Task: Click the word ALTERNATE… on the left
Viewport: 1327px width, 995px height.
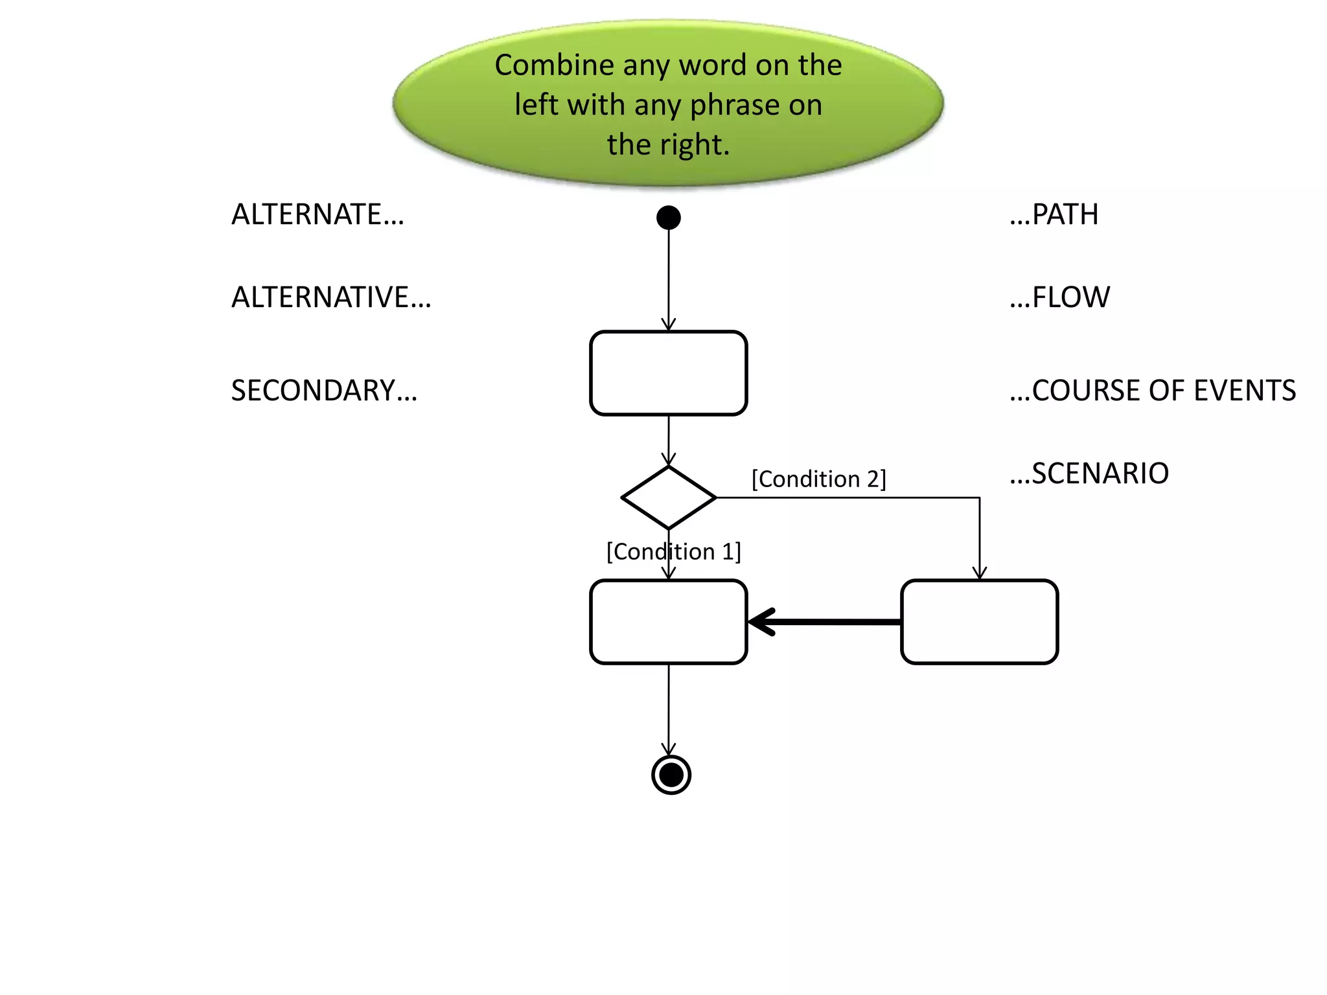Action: tap(317, 214)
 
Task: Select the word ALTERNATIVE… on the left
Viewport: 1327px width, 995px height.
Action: tap(331, 297)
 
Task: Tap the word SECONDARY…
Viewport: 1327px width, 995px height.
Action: tap(324, 391)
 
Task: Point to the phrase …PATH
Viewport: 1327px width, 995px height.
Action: tap(1054, 214)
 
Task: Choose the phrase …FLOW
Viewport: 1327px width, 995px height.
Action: tap(1059, 297)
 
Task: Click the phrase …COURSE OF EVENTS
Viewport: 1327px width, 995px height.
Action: tap(1152, 391)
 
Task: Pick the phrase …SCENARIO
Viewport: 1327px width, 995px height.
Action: tap(1089, 474)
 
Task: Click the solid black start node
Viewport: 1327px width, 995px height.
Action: tap(668, 218)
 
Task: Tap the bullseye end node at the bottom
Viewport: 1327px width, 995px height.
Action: tap(671, 774)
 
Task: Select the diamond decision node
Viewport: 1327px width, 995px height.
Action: tap(668, 497)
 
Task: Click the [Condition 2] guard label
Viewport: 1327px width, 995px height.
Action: tap(818, 479)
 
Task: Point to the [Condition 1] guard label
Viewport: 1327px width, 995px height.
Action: tap(673, 552)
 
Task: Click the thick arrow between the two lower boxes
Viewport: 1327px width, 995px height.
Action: tap(823, 622)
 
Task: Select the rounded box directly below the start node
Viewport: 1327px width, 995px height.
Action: tap(668, 373)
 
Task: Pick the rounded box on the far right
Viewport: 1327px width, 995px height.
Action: tap(979, 622)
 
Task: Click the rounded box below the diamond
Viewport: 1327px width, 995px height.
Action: tap(668, 622)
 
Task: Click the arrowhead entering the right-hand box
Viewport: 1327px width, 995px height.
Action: tap(980, 573)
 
